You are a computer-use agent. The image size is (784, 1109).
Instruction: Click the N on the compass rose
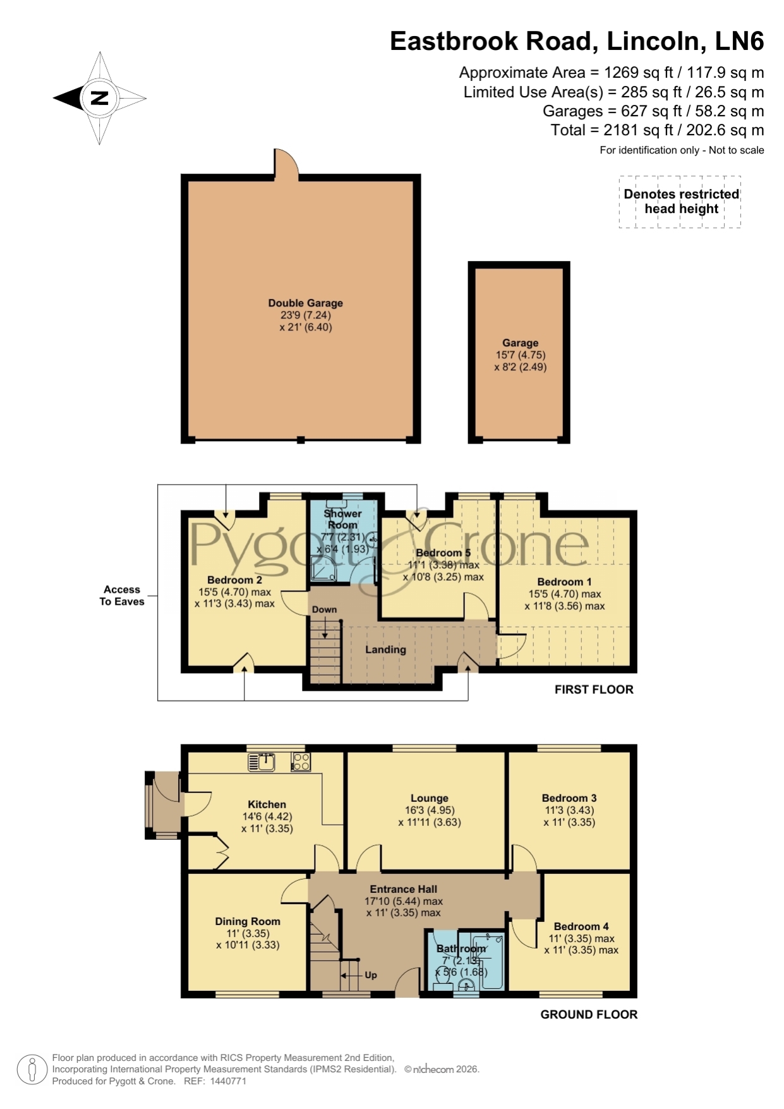100,99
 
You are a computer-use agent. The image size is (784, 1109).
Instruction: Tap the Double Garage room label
305,303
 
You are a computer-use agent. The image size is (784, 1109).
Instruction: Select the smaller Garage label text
520,343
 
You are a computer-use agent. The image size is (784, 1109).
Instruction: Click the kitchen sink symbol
261,762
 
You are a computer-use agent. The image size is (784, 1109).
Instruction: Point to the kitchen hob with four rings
301,762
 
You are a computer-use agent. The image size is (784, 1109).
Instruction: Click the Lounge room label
429,798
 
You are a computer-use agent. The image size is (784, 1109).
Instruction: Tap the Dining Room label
248,921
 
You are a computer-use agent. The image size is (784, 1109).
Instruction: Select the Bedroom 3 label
569,798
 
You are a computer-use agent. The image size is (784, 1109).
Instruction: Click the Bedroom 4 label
581,926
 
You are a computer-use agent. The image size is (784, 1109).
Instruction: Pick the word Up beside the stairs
371,975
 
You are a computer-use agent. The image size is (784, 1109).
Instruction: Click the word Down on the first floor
324,610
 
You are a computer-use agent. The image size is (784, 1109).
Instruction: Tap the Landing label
385,650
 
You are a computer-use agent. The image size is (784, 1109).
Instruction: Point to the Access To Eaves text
122,595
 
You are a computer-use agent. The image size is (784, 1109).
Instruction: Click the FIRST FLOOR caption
594,689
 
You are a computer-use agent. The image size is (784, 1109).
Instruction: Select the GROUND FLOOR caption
589,1014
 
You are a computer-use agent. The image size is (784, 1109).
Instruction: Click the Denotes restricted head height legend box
680,202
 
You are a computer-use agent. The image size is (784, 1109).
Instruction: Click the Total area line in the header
657,130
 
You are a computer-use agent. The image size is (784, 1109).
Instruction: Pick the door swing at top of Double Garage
285,162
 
